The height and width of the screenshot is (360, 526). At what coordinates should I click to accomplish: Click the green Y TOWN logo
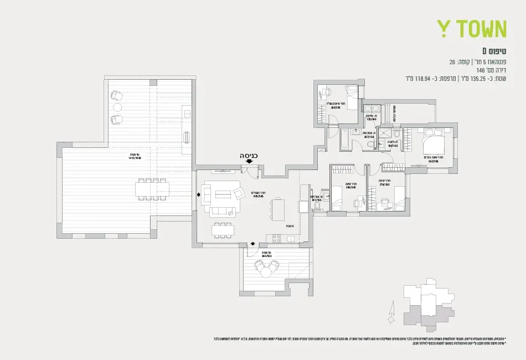pyautogui.click(x=472, y=29)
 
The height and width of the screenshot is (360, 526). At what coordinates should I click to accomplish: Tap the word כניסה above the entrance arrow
pyautogui.click(x=249, y=156)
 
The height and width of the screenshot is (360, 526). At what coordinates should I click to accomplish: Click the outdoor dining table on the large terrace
pyautogui.click(x=151, y=189)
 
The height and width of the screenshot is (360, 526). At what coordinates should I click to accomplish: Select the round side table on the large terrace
pyautogui.click(x=117, y=107)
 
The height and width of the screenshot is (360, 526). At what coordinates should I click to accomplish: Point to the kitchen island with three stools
pyautogui.click(x=277, y=209)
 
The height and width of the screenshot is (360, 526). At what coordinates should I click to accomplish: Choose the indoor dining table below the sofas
pyautogui.click(x=222, y=230)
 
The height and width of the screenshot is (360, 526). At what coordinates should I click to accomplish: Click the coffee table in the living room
pyautogui.click(x=222, y=194)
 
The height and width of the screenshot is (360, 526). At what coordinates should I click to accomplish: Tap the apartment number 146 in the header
pyautogui.click(x=481, y=70)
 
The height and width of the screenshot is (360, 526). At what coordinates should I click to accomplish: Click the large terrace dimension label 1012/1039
pyautogui.click(x=135, y=157)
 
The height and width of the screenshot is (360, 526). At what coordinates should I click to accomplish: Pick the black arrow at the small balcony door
pyautogui.click(x=253, y=244)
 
